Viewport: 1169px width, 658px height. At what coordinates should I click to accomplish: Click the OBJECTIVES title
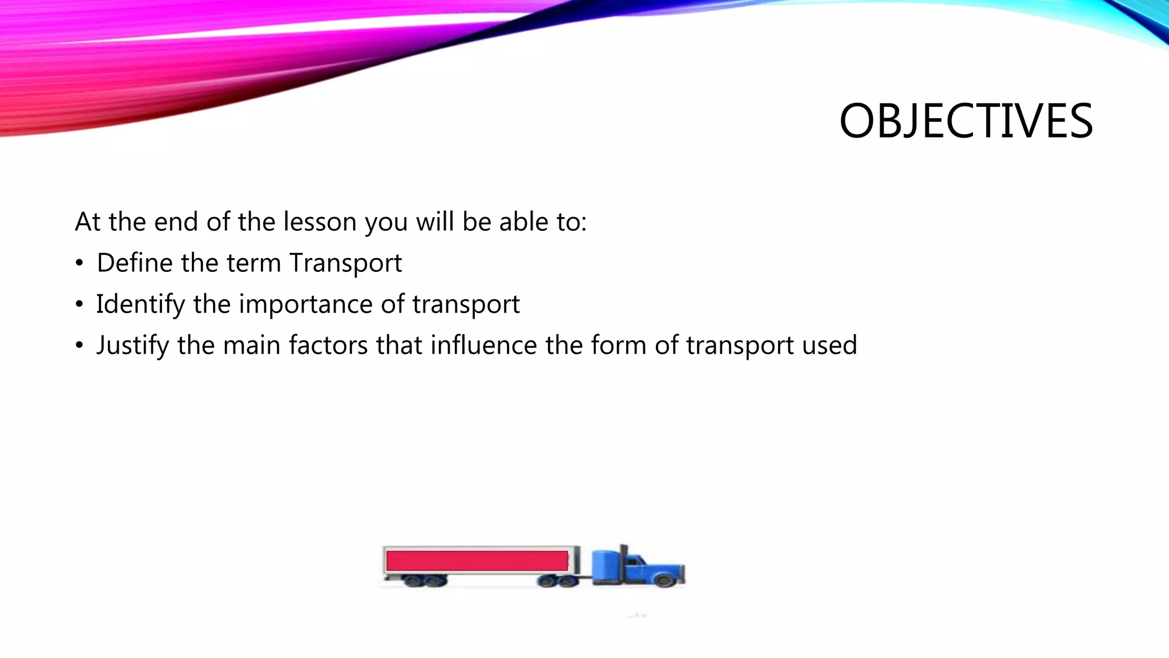(966, 121)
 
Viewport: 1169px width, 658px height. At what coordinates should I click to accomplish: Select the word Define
(135, 263)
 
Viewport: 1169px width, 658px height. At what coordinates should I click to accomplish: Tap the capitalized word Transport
(345, 263)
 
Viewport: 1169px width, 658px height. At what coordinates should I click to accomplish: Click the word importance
(305, 304)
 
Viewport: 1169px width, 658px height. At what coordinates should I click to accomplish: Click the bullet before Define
(79, 264)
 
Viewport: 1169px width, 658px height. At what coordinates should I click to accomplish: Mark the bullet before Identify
(79, 305)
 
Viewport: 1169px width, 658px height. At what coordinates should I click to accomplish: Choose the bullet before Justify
(79, 346)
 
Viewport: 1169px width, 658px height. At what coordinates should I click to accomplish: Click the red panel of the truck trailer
(477, 560)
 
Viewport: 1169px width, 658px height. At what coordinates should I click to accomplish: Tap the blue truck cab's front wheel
(664, 580)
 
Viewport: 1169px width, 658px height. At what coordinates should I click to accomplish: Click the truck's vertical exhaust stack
(623, 557)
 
